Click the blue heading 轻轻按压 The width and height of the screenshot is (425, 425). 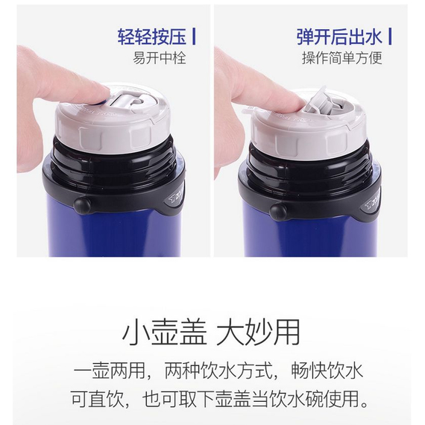tap(152, 37)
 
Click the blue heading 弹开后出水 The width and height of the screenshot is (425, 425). tap(339, 37)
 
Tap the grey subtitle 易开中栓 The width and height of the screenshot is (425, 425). tap(160, 58)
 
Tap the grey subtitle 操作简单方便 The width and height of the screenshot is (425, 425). tap(342, 58)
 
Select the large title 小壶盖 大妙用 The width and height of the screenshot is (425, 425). tap(212, 333)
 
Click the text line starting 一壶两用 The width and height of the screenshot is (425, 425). tap(218, 371)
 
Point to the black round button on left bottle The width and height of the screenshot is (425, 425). tap(82, 206)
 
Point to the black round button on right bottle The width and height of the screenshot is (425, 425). tap(278, 212)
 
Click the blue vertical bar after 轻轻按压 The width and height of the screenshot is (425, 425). tap(194, 37)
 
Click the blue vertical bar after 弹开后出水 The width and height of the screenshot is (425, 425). tap(390, 37)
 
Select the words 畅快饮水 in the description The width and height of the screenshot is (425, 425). tap(327, 371)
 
